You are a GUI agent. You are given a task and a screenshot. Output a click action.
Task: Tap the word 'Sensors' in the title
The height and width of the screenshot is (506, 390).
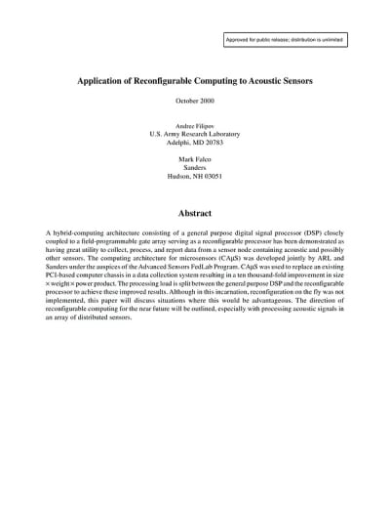tap(290, 83)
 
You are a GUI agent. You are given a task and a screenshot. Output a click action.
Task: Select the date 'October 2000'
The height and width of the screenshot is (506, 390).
tap(195, 102)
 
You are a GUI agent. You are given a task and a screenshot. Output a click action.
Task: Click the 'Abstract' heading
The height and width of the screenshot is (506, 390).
tap(195, 211)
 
